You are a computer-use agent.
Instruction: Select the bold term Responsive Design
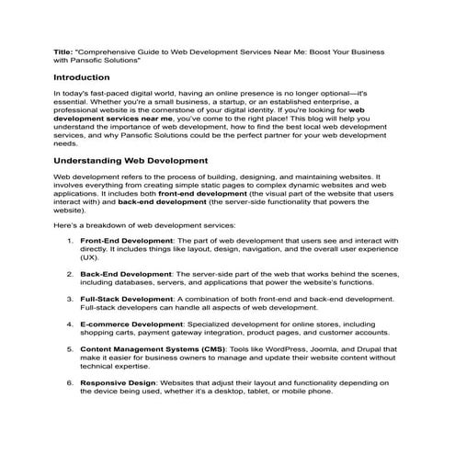click(118, 381)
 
